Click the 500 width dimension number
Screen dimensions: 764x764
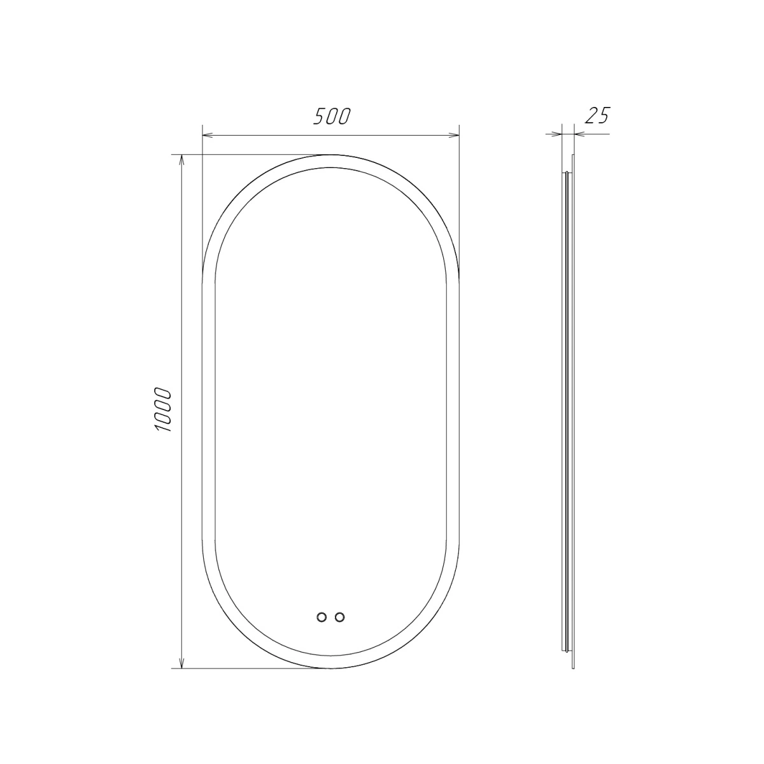332,116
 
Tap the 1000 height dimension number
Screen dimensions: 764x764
163,410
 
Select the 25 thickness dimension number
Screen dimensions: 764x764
597,115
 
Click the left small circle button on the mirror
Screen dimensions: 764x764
322,618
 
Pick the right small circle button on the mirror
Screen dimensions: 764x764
340,618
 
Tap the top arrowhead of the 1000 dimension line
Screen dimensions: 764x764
181,160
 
